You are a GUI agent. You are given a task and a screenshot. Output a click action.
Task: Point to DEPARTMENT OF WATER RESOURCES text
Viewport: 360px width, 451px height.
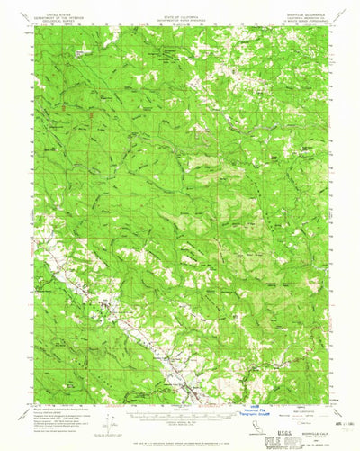click(179, 19)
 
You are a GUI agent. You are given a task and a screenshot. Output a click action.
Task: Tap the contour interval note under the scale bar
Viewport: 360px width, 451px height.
click(179, 424)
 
